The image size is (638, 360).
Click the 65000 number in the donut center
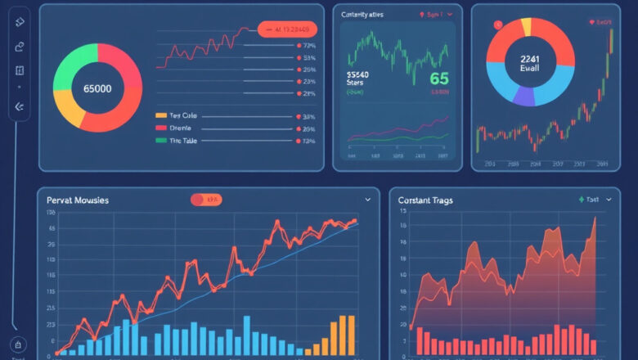(97, 88)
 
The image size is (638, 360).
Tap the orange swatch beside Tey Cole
(160, 116)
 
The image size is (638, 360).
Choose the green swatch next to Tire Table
(160, 141)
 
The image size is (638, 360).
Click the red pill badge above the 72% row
(286, 29)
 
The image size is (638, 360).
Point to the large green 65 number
(439, 79)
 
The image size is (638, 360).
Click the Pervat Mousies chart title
(78, 200)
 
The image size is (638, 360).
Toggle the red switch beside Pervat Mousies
(205, 199)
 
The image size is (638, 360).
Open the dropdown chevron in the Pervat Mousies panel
(367, 199)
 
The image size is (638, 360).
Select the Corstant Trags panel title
(425, 200)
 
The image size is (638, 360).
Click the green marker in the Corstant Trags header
(582, 199)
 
